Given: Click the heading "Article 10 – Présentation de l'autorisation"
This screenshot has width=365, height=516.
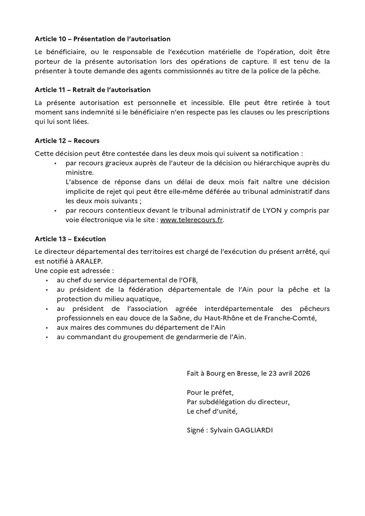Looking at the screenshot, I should (x=103, y=39).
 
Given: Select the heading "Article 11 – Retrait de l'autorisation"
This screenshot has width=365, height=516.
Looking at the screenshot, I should (x=92, y=90).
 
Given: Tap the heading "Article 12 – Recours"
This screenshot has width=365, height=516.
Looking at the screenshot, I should (x=67, y=141).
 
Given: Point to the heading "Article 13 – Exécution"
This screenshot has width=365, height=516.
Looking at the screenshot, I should (x=70, y=239).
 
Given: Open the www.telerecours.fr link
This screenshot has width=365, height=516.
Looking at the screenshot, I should (x=191, y=220).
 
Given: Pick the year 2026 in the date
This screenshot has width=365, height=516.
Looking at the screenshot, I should (x=301, y=373).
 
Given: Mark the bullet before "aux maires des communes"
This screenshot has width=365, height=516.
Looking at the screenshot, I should (x=47, y=328).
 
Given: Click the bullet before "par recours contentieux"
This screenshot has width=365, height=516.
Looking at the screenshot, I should (x=56, y=211).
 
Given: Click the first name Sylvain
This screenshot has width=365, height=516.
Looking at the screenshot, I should (x=221, y=430).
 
